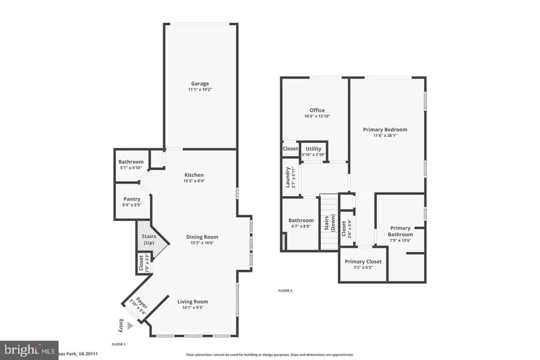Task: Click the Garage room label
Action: [x=200, y=83]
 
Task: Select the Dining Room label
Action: [x=202, y=236]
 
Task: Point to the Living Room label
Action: [x=192, y=301]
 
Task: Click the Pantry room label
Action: [x=131, y=199]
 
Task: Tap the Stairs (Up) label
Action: [x=148, y=239]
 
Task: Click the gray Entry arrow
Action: [x=124, y=325]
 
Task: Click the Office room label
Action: [x=317, y=110]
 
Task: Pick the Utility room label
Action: [x=313, y=148]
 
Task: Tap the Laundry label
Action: [x=288, y=178]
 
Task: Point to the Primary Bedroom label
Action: [x=385, y=129]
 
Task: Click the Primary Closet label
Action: [x=362, y=262]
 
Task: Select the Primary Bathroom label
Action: [x=400, y=231]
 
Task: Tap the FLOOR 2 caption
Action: [x=284, y=291]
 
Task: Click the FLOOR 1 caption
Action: [x=118, y=344]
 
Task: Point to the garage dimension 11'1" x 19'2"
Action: [x=200, y=89]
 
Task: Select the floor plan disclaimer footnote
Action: [x=270, y=355]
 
